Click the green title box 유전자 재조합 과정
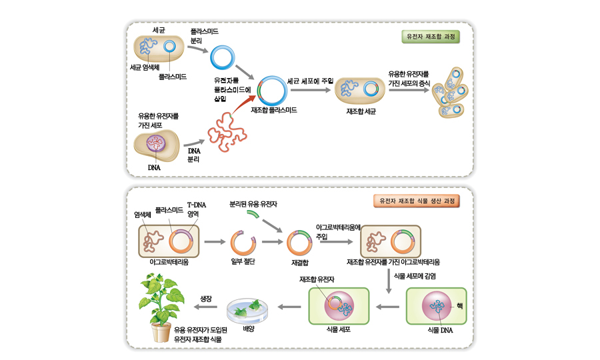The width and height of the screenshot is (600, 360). (433, 37)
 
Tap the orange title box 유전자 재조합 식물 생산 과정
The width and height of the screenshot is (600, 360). (415, 200)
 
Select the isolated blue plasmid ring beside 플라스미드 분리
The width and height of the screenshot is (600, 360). (222, 59)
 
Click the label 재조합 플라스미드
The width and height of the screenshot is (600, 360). (274, 110)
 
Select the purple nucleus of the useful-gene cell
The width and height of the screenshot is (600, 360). (155, 143)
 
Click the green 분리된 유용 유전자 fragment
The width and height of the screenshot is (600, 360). (253, 215)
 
